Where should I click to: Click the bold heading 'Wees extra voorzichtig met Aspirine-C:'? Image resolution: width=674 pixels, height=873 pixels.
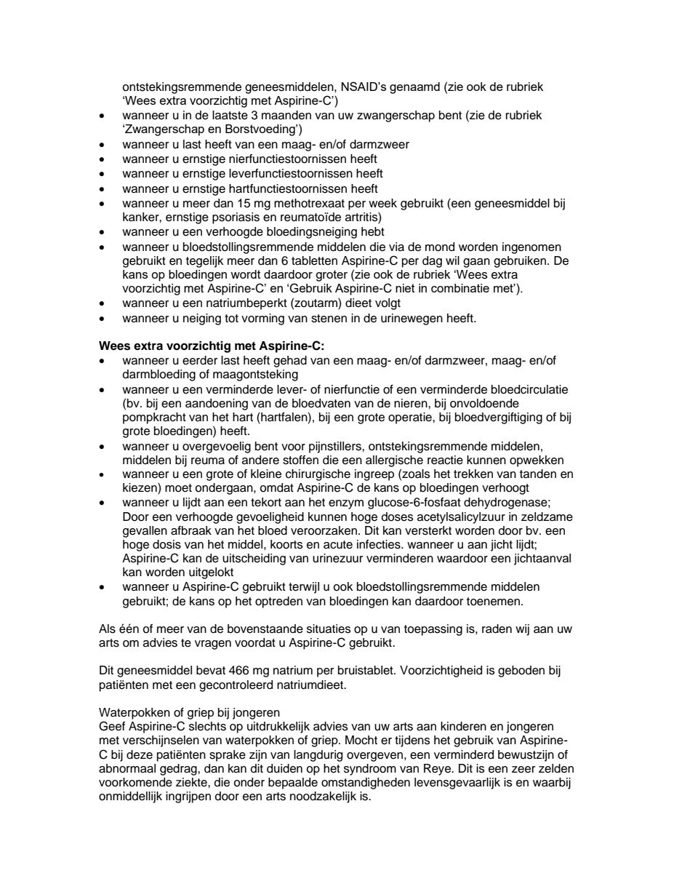pos(216,346)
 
